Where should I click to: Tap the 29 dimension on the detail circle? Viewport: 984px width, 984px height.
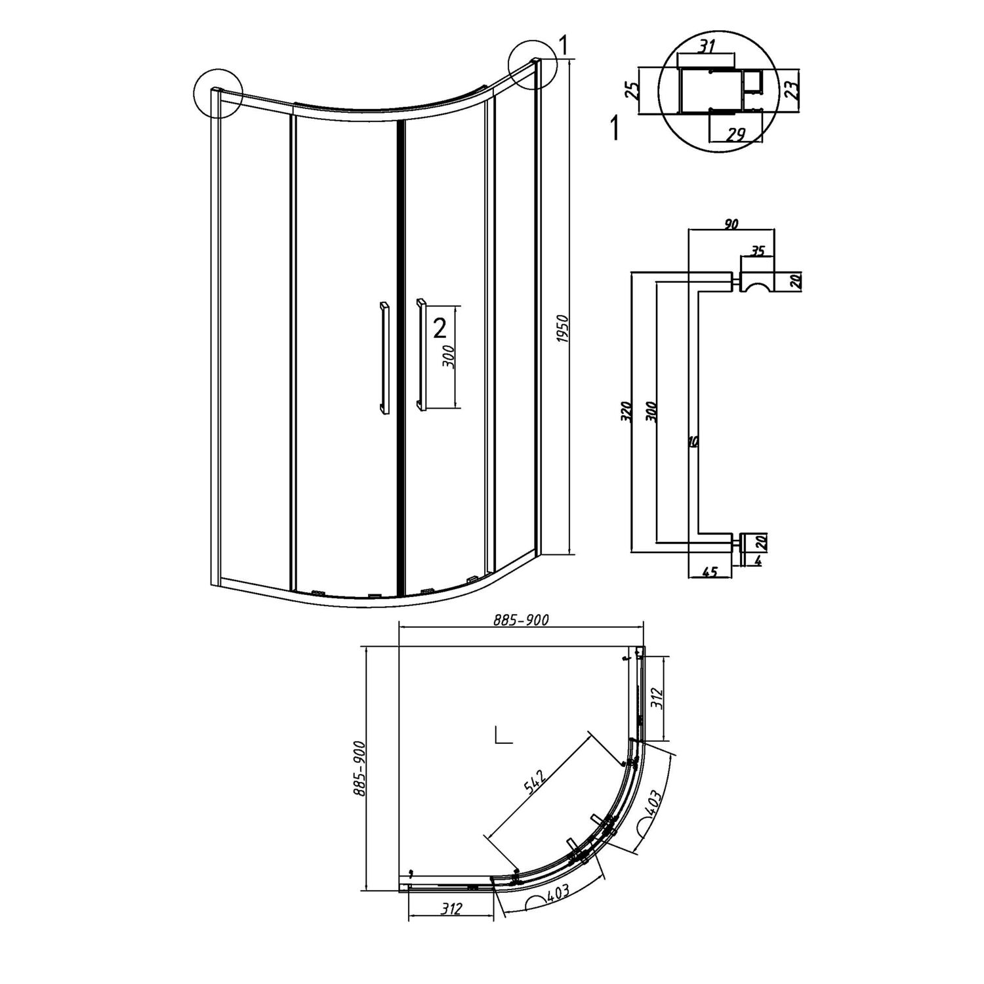736,134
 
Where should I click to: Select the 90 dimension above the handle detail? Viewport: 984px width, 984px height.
731,224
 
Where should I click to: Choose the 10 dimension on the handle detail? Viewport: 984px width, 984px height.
693,442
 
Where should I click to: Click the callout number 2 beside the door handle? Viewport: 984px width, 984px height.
440,327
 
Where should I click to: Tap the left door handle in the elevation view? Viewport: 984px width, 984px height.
383,358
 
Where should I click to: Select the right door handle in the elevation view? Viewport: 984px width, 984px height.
420,355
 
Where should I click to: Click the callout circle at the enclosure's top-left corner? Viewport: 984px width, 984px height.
218,93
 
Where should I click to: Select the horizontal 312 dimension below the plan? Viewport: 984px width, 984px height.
452,909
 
